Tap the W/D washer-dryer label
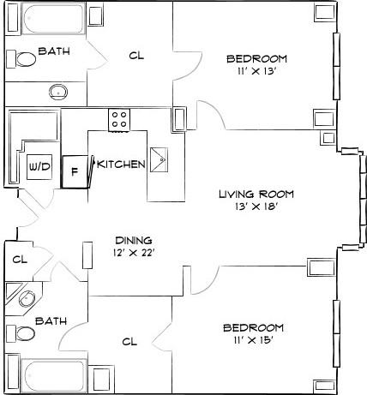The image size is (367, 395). (39, 165)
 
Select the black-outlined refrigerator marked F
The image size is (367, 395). (75, 170)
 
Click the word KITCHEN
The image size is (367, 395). (121, 164)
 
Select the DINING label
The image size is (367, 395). (134, 240)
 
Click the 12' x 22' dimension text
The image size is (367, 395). (134, 253)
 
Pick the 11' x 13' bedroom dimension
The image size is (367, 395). (256, 72)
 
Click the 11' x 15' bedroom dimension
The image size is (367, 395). (253, 341)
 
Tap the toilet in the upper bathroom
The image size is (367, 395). (26, 58)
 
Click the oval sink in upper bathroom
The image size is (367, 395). (59, 91)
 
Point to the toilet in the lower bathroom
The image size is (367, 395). (26, 332)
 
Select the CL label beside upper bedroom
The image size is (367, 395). (135, 56)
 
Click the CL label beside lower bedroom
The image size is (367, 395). (129, 341)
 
